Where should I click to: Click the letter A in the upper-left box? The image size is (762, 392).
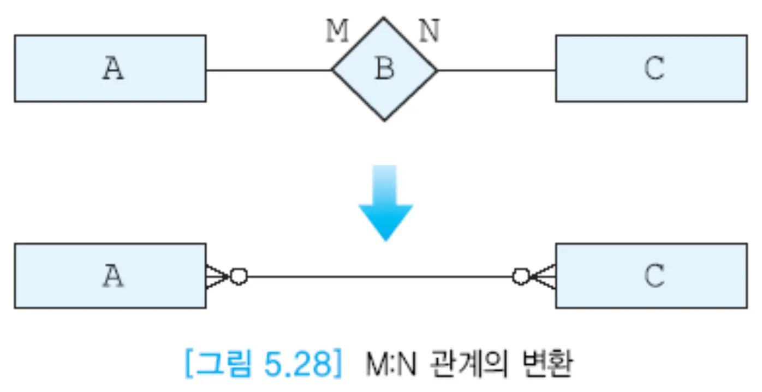tap(113, 69)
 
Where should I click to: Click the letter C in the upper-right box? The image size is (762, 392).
tap(654, 69)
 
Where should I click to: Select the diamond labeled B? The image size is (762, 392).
tap(385, 69)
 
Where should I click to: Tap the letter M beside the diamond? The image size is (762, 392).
tap(337, 32)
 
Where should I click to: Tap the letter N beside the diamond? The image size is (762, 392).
tap(429, 32)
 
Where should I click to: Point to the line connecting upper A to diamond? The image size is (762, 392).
tap(269, 70)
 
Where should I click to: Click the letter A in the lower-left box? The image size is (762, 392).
tap(113, 276)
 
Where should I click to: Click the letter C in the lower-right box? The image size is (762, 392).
tap(654, 276)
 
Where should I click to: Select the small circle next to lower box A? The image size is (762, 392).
tap(239, 276)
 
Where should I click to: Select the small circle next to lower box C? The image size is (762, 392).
tap(521, 276)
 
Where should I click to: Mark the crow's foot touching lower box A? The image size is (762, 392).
tap(217, 276)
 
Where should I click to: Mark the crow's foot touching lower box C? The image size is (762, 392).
tap(544, 276)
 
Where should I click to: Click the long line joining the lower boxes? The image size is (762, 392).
tap(379, 276)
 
